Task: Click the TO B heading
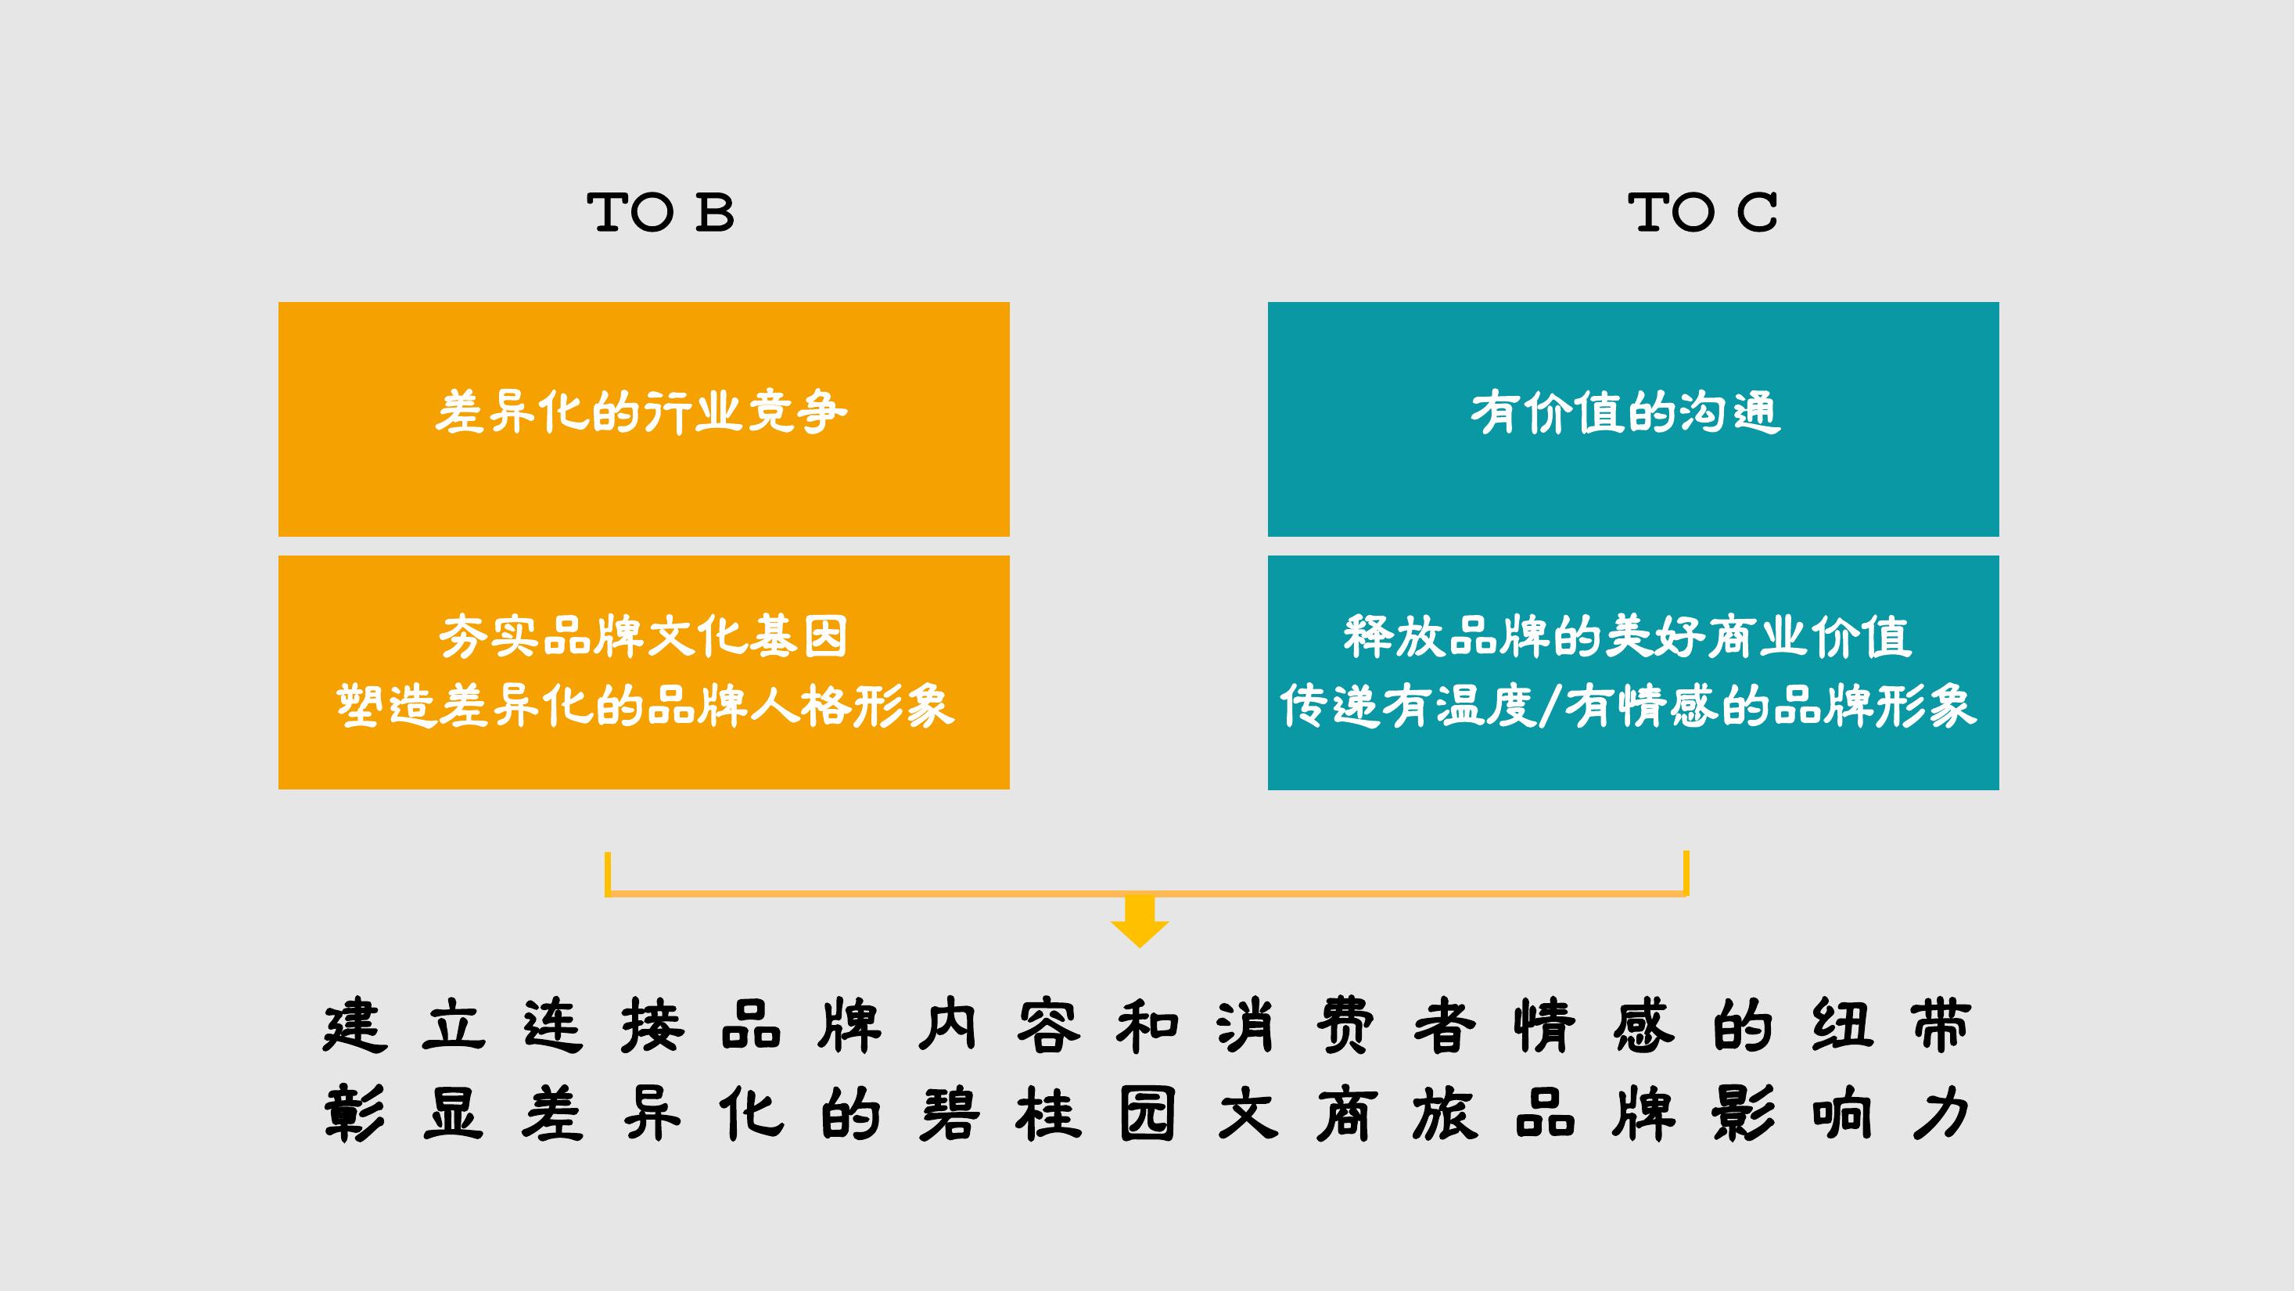tap(660, 213)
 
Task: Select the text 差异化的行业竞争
tap(641, 412)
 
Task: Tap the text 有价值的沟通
tap(1626, 412)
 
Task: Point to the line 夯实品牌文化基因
tap(642, 636)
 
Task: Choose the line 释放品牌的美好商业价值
tap(1628, 636)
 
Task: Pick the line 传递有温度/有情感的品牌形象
tap(1629, 706)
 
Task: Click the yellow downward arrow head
tap(1140, 932)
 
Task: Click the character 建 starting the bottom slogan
tap(354, 1026)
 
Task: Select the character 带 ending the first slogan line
tap(1941, 1026)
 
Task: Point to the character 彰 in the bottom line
tap(354, 1113)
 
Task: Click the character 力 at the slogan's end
tap(1941, 1113)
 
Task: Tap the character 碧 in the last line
tap(950, 1113)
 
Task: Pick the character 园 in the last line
tap(1147, 1113)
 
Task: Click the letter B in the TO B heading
tap(716, 213)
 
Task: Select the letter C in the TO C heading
tap(1757, 213)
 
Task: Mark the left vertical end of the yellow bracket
tap(608, 873)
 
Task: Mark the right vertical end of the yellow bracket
tap(1686, 873)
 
